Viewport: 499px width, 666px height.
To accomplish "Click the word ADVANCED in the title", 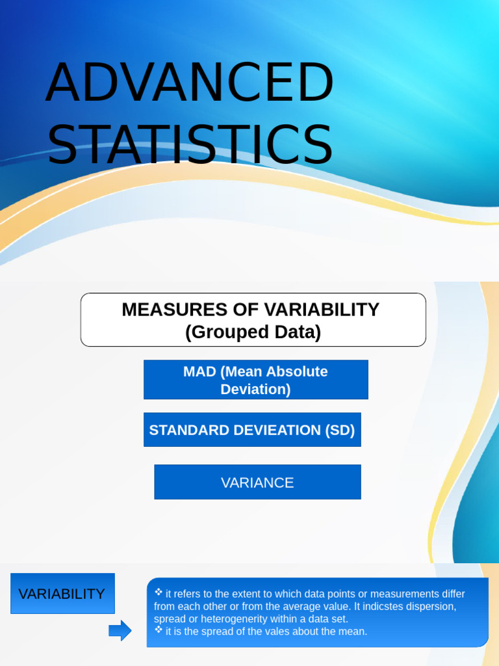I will pos(189,83).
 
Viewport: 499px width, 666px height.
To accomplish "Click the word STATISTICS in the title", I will pos(189,144).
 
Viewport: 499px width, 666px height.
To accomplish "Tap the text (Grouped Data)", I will pos(253,332).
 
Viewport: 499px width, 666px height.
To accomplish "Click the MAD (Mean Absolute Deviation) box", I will pos(255,380).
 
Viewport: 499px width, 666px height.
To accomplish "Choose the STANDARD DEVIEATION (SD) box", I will pos(251,430).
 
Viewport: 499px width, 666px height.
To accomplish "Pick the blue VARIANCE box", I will pos(257,483).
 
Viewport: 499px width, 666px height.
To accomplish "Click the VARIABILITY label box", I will pos(62,594).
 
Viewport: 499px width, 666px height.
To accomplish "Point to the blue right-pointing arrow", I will pos(120,630).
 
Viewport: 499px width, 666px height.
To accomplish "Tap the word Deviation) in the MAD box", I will pos(255,390).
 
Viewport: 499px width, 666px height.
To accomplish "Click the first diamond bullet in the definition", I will pos(159,593).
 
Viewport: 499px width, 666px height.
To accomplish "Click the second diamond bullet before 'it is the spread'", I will pos(159,630).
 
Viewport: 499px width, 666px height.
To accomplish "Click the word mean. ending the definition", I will pos(353,632).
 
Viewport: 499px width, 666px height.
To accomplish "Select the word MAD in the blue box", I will pos(199,372).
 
